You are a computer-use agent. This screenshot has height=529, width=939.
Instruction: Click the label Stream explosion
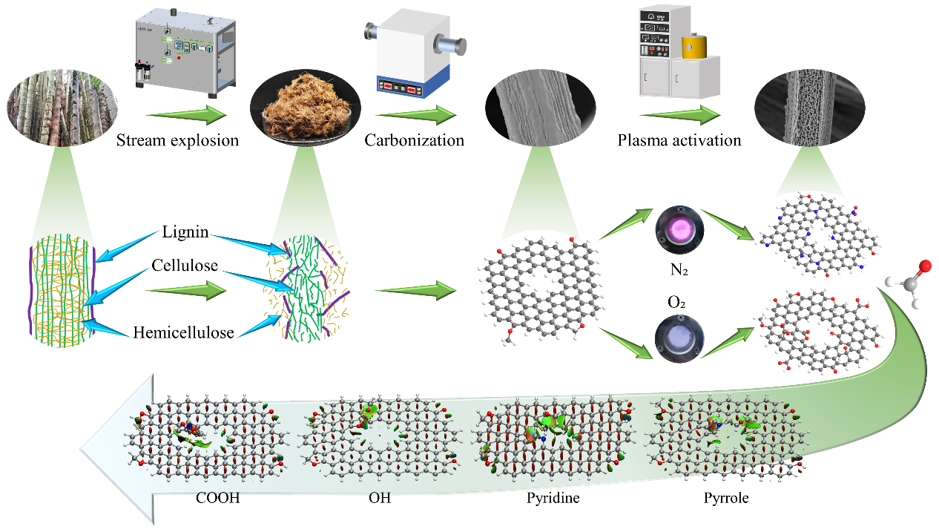click(x=178, y=139)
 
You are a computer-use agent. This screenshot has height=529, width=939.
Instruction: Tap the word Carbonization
click(x=414, y=139)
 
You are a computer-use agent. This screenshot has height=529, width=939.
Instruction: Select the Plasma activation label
click(x=679, y=139)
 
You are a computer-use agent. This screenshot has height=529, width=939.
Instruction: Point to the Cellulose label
click(x=186, y=266)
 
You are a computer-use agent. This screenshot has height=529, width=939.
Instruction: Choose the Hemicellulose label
click(x=184, y=332)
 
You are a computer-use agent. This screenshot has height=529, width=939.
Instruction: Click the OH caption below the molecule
click(x=379, y=499)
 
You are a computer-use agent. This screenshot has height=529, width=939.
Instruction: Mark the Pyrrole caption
click(x=726, y=499)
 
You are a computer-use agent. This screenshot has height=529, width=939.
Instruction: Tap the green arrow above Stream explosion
click(x=185, y=115)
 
